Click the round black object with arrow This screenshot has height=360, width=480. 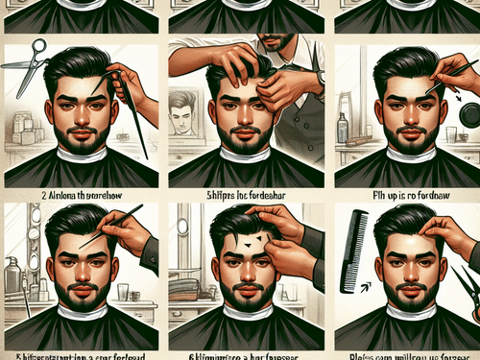(x=470, y=113)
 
